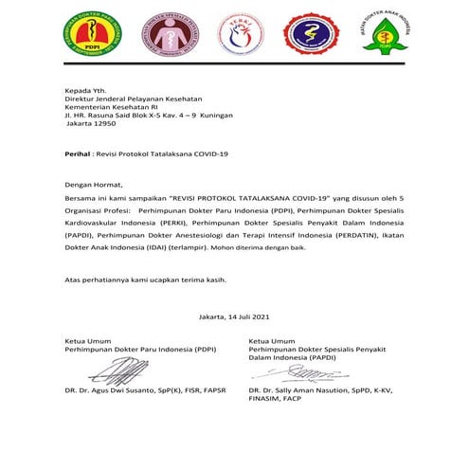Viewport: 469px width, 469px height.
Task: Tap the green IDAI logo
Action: [x=386, y=35]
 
